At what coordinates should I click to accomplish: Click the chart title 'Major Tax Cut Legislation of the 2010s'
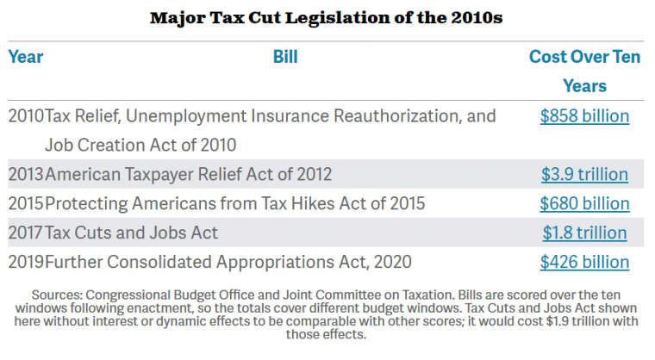[327, 17]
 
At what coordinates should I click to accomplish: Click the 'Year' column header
[26, 57]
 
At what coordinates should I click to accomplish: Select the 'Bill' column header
[285, 57]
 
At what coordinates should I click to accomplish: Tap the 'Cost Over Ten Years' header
[584, 71]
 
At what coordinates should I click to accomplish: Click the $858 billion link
[584, 116]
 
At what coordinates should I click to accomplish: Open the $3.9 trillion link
[584, 174]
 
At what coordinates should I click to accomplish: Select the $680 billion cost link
[584, 203]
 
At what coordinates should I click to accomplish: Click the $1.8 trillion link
[584, 233]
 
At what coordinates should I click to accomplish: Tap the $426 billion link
[584, 262]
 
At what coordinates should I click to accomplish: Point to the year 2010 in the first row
[26, 116]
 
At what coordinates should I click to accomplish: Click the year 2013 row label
[26, 174]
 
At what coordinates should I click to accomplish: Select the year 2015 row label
[26, 203]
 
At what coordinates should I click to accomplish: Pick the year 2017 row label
[26, 233]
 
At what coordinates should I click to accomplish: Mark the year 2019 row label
[26, 262]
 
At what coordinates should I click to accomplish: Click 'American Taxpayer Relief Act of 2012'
[189, 174]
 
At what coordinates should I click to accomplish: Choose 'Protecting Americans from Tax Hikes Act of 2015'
[234, 203]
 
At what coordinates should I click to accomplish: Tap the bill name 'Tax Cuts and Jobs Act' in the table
[131, 233]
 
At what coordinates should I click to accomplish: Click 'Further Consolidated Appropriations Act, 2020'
[228, 262]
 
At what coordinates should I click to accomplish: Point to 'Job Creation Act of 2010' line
[140, 146]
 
